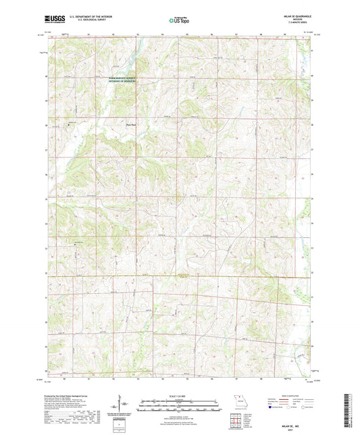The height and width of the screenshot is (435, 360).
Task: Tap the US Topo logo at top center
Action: (178, 21)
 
